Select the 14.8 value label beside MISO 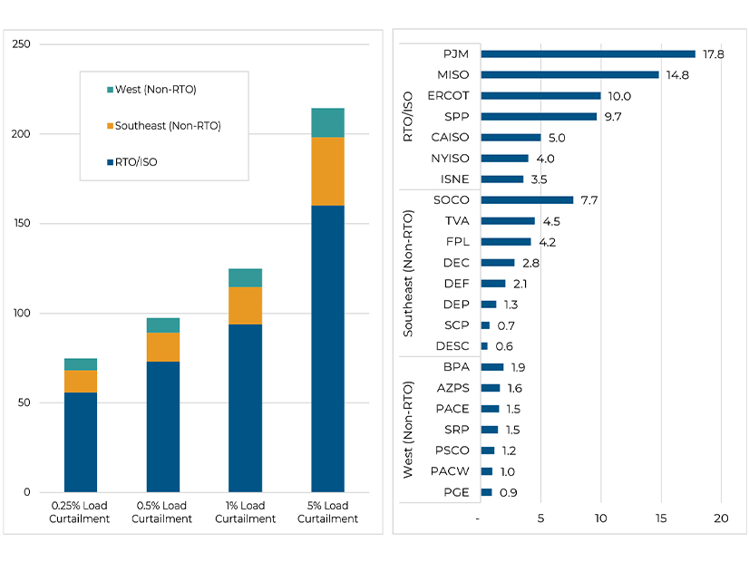click(677, 75)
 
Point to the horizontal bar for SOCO click(527, 200)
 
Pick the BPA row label click(457, 367)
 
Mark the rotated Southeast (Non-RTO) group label click(408, 273)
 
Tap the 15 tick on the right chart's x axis click(661, 518)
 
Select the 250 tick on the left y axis click(21, 44)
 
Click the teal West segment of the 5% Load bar click(327, 122)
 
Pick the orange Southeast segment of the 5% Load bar click(327, 171)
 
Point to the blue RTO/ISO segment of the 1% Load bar click(245, 408)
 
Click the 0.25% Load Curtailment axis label click(80, 512)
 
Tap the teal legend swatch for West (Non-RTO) click(111, 90)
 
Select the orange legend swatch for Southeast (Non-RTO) click(111, 126)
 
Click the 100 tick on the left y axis click(21, 314)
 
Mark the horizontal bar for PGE click(486, 492)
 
